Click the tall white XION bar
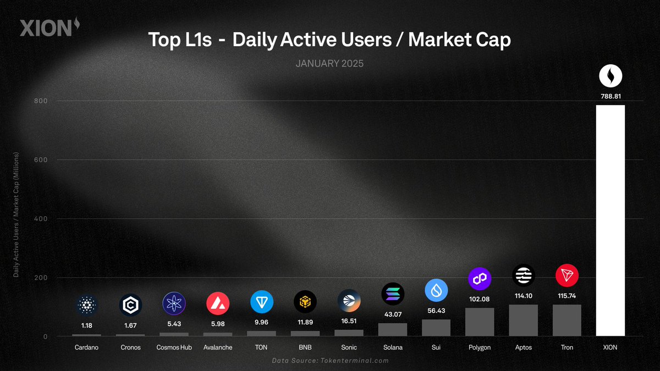[610, 220]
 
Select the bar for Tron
[566, 320]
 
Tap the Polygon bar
[479, 322]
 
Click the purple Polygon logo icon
[479, 279]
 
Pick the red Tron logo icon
[566, 275]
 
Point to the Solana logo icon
[392, 295]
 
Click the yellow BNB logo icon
[305, 302]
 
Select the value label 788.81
[610, 96]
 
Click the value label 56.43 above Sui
[436, 311]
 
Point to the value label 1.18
[87, 325]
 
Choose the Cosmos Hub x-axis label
[174, 347]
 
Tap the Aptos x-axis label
[522, 347]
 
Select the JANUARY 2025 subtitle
[329, 64]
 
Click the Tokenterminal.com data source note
[330, 361]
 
